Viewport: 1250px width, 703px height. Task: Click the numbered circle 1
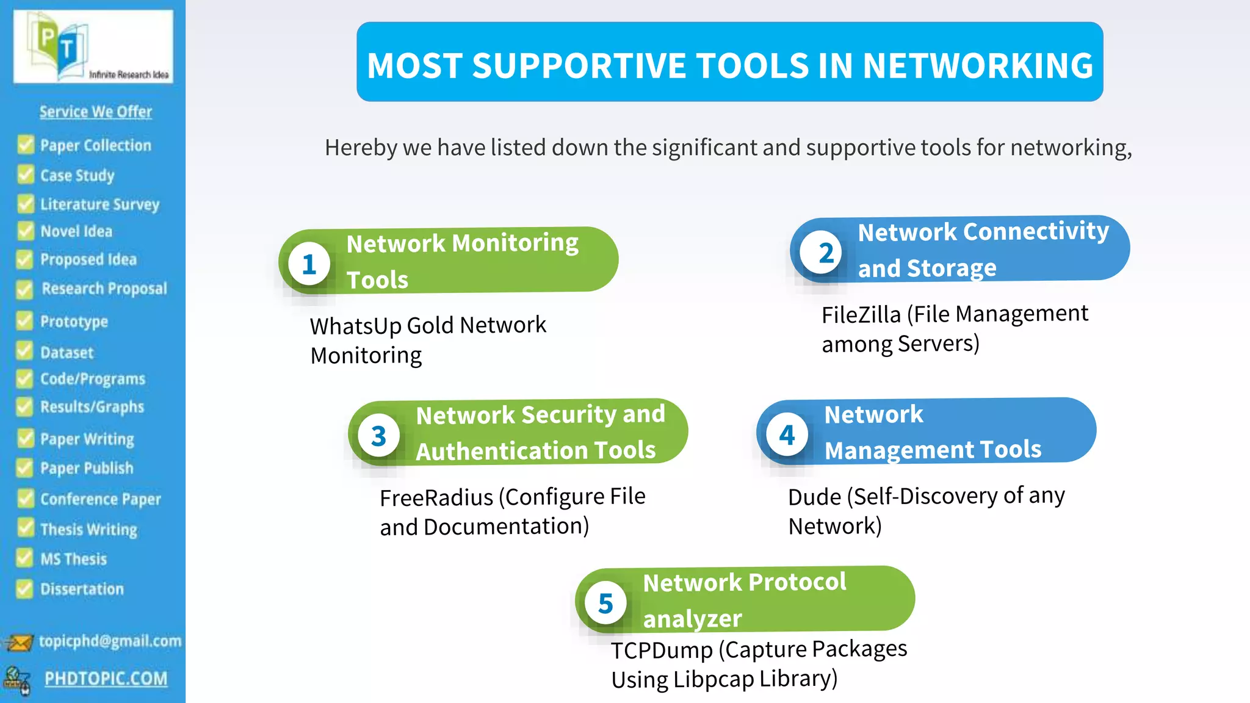(309, 264)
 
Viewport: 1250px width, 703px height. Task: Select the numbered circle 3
(378, 436)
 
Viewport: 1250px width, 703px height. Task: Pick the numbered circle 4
(787, 434)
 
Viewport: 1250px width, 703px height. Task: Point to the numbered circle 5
(605, 604)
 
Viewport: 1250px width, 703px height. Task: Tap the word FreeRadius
(436, 498)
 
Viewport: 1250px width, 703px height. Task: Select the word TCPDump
(662, 651)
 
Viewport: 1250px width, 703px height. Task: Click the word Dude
(814, 497)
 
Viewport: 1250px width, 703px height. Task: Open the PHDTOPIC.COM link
(106, 679)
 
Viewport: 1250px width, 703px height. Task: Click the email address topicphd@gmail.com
(110, 641)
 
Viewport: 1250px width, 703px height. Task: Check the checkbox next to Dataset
(25, 351)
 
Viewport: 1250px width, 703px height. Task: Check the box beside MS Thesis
(25, 558)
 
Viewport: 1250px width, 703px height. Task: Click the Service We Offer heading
(96, 112)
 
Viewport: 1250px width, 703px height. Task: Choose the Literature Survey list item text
(99, 204)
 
